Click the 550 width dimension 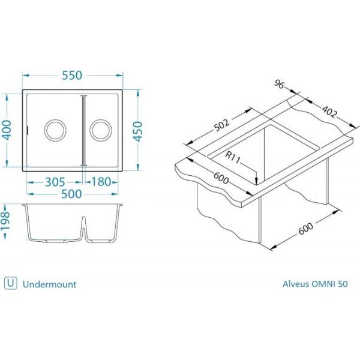[72, 76]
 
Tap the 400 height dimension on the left [7, 130]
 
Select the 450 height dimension [138, 131]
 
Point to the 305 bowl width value [55, 182]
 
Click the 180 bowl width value [101, 182]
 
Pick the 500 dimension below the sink [72, 194]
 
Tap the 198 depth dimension [5, 221]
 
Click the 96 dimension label [279, 84]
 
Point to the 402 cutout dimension [329, 112]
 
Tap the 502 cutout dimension [221, 125]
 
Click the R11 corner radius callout [232, 157]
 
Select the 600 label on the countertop [221, 178]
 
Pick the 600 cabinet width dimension [305, 229]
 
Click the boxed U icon [11, 283]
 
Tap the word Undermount [50, 284]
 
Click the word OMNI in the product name [323, 284]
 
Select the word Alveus [296, 284]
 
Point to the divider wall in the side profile [84, 228]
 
